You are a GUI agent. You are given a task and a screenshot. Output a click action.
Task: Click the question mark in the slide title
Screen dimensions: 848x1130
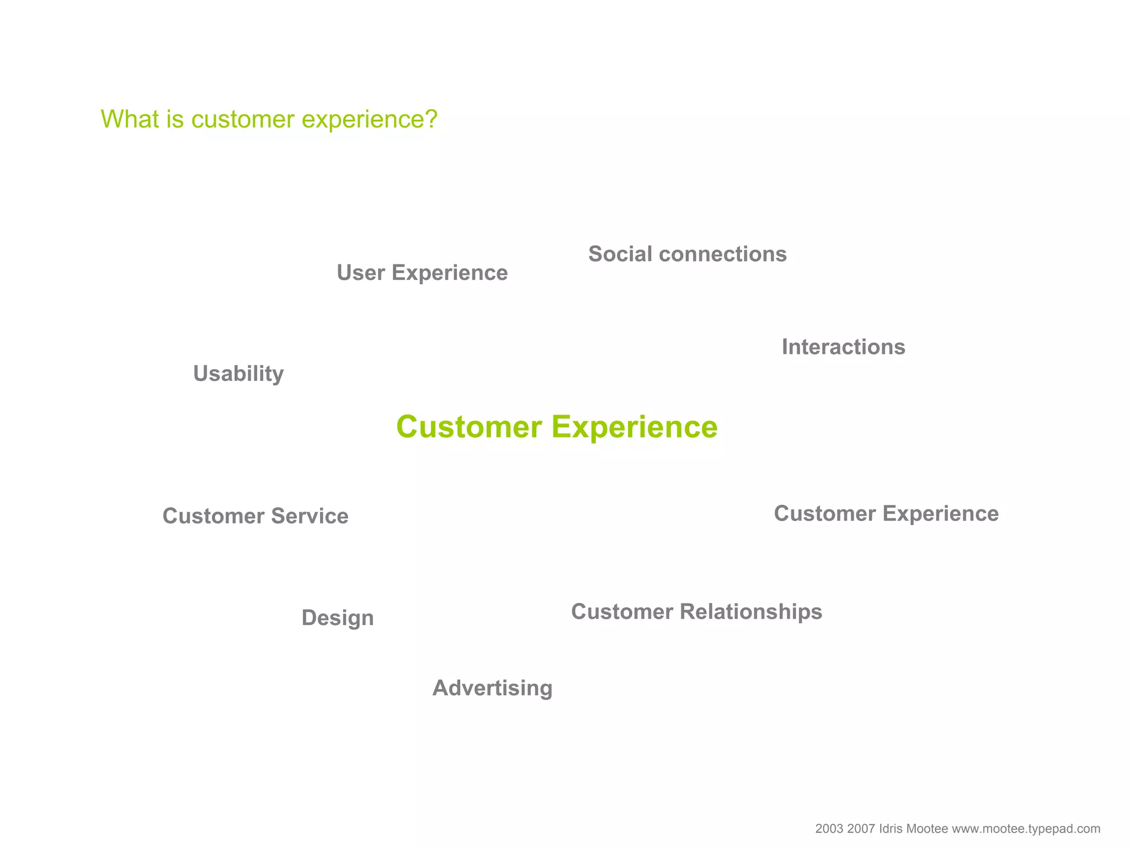(x=431, y=119)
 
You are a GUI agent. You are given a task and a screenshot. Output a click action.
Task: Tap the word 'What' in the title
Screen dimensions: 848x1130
(x=126, y=119)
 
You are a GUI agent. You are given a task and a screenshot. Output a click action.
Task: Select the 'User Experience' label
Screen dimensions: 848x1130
(x=422, y=273)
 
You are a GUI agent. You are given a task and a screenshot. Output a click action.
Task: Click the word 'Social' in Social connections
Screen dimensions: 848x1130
(x=620, y=254)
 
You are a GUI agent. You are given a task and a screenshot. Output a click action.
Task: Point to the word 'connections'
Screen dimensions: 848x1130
(x=723, y=254)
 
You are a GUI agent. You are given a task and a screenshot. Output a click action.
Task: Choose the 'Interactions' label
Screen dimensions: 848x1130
(x=843, y=347)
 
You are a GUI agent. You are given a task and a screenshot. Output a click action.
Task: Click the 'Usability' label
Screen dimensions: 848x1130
(x=238, y=374)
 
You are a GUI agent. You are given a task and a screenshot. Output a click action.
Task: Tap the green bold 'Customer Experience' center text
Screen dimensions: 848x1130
(x=557, y=427)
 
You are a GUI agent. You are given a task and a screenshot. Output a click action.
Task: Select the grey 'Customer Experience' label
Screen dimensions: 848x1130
(x=886, y=513)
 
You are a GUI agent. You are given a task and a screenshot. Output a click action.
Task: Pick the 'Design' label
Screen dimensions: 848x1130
(x=338, y=618)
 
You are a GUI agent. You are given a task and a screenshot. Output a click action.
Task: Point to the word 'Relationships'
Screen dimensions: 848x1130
(x=751, y=612)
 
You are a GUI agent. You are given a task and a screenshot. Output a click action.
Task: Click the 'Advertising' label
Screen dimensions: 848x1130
(x=492, y=688)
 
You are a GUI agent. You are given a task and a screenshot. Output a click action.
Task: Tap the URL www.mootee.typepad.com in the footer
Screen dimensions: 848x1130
(x=1026, y=829)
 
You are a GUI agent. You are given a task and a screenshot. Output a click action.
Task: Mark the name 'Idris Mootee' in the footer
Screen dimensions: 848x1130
(x=913, y=829)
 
